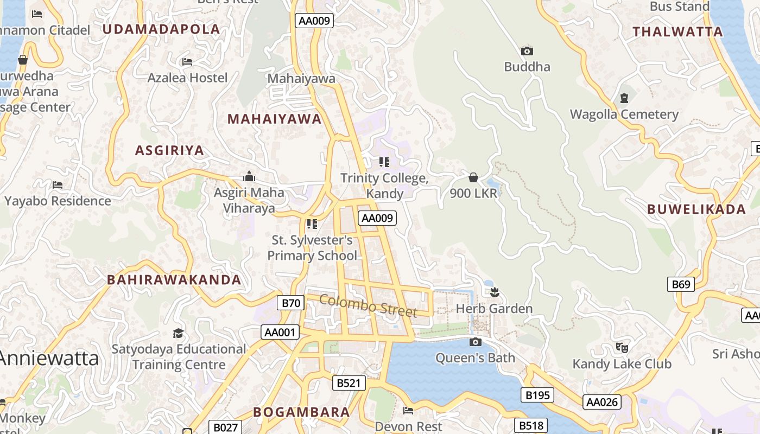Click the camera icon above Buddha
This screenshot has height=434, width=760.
527,51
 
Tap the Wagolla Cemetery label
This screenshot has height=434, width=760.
624,114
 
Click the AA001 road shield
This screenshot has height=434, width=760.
280,332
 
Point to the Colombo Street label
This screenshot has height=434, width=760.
368,305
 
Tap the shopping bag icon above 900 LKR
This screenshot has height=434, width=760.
473,177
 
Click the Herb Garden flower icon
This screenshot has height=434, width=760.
494,293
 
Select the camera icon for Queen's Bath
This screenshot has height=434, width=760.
475,342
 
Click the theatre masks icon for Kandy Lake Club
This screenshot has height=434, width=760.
622,347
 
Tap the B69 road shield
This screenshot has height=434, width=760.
680,284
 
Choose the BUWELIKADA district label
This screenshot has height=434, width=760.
696,209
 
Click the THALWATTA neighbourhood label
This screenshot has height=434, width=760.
677,31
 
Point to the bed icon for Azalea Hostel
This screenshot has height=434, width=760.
187,62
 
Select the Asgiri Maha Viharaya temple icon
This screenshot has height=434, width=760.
249,176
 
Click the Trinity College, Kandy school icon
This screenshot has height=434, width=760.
384,162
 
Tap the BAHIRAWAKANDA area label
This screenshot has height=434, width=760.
174,280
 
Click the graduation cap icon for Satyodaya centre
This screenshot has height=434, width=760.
178,333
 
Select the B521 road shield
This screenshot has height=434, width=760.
349,383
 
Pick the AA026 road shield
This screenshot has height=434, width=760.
601,402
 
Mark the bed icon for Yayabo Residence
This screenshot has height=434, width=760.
58,185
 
